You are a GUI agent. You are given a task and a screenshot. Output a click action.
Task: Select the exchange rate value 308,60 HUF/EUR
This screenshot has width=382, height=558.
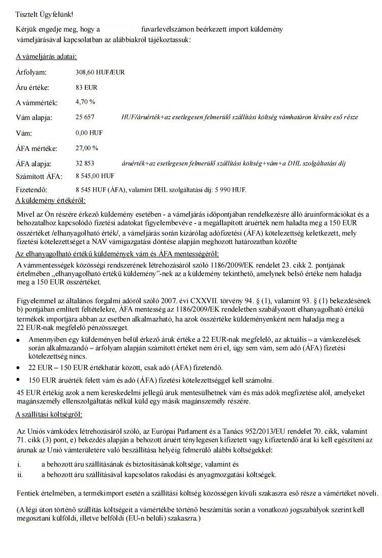pos(100,72)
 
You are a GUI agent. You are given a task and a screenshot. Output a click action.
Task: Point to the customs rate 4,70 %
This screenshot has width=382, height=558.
pos(85,102)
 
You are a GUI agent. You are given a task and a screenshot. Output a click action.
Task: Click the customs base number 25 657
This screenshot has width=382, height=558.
pos(85,117)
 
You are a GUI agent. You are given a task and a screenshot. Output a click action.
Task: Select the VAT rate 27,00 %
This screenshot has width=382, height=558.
pos(86,148)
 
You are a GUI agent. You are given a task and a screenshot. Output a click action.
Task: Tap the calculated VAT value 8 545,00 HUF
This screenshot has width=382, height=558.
pos(94,176)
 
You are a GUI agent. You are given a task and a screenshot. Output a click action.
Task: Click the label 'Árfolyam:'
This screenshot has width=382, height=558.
pos(31,73)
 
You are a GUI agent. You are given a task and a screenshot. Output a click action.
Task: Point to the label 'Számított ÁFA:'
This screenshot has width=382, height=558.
pos(40,177)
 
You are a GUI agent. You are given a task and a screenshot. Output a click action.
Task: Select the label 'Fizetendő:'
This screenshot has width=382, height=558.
pos(34,190)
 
